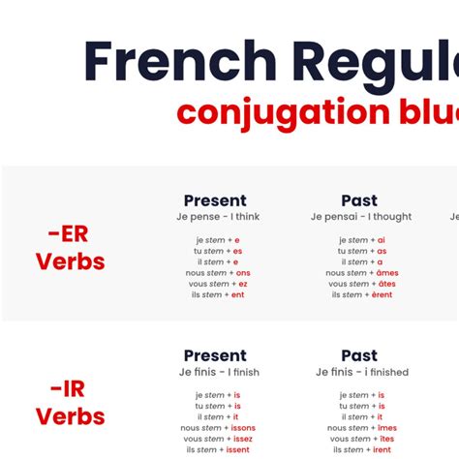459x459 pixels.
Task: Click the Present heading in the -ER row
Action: coord(215,200)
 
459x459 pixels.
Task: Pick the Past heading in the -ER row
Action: coord(359,200)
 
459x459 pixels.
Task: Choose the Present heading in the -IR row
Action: coord(215,355)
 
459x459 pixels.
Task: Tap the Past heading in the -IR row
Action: coord(359,355)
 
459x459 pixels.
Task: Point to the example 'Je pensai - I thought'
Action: coord(360,217)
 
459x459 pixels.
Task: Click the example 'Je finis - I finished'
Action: coord(361,372)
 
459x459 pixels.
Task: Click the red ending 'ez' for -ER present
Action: coord(242,284)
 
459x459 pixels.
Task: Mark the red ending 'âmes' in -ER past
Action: coord(387,273)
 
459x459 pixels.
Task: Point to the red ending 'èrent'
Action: coord(382,294)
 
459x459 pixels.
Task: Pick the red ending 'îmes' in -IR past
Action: coord(386,428)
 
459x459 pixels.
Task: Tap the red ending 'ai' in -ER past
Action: coord(382,240)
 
